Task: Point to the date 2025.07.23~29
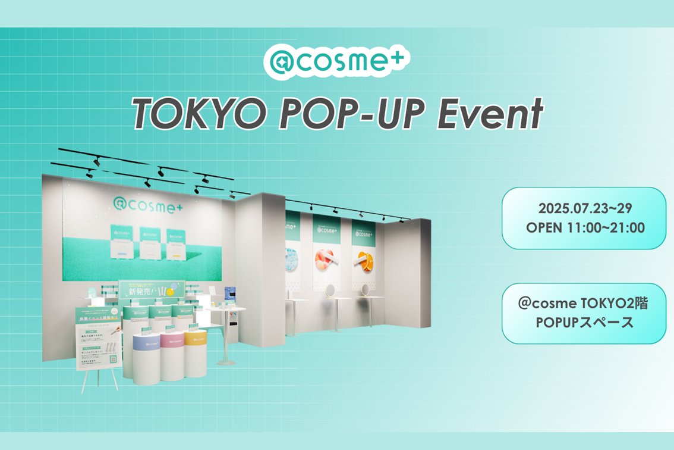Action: [585, 210]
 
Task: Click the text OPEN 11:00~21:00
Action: [585, 227]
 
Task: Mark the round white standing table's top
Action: [227, 308]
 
